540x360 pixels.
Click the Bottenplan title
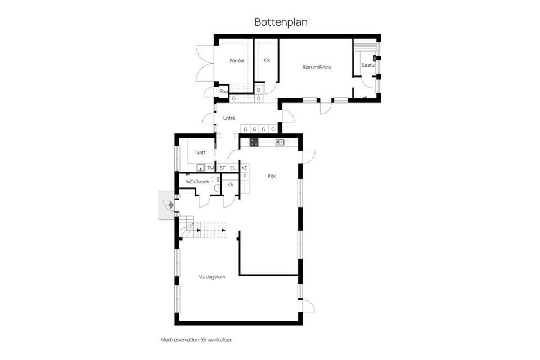(281, 22)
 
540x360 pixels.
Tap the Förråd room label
(236, 60)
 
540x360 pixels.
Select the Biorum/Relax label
(317, 67)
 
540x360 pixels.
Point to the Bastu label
(367, 65)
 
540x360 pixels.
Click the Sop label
(223, 91)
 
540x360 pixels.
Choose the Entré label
(229, 118)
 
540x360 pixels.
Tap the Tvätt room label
(200, 153)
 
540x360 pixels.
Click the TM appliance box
(210, 168)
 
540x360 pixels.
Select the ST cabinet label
(222, 168)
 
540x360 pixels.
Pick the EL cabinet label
(232, 168)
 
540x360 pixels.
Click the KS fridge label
(245, 168)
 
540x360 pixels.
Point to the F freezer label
(245, 177)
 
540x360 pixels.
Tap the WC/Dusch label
(197, 182)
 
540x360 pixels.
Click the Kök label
(272, 176)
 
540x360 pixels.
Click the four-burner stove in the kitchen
(254, 142)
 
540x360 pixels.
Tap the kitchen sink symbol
(280, 142)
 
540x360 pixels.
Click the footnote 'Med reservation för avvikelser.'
(196, 340)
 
